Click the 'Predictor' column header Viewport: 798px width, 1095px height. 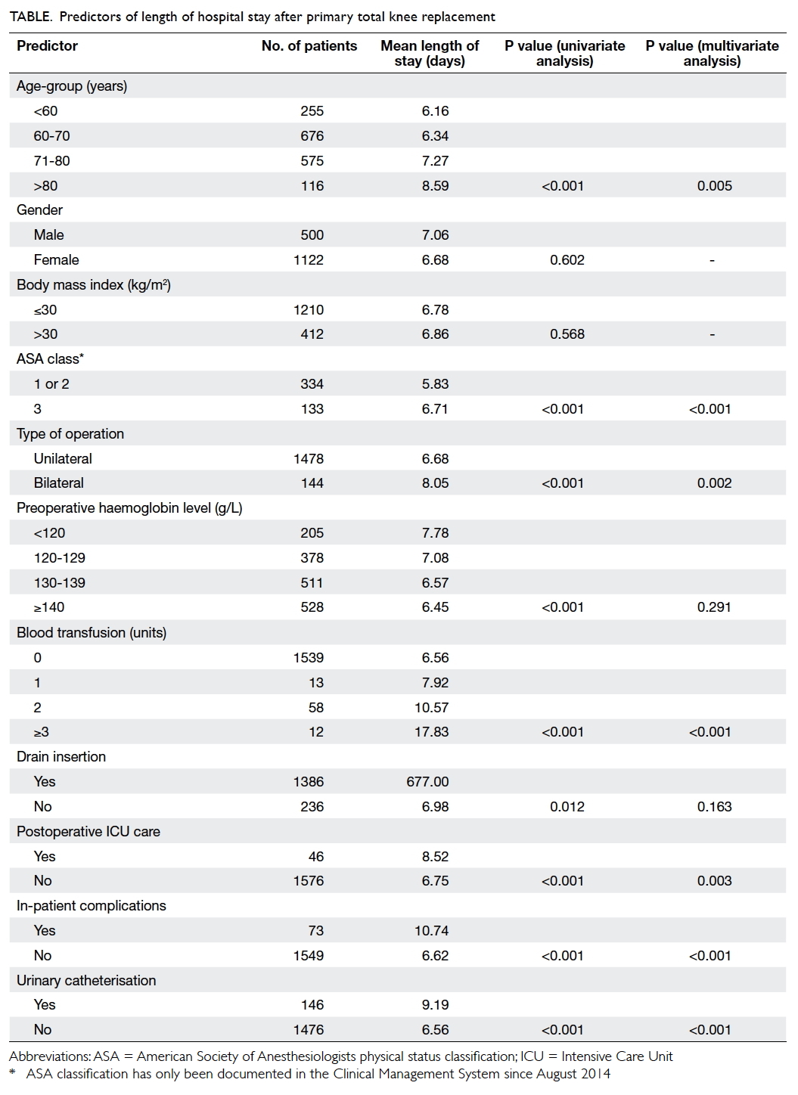pos(47,46)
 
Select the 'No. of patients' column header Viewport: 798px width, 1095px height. pos(309,46)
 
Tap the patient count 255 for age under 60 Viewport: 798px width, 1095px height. pos(312,111)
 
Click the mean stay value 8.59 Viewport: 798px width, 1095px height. pos(435,186)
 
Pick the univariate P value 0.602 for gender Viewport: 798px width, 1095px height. pos(567,259)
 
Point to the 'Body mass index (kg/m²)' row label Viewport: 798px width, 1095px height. pos(93,284)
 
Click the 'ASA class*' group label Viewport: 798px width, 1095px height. pos(50,358)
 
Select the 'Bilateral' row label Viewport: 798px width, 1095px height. pos(59,483)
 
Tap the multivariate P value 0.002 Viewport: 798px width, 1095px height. pos(714,483)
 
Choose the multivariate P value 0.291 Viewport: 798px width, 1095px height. pos(714,607)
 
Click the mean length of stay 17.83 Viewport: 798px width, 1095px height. pos(432,732)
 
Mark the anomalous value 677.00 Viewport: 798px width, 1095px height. pos(427,782)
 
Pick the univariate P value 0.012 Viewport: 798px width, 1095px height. pos(567,807)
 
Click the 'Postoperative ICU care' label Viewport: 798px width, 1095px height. pos(88,832)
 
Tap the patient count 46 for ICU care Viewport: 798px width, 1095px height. pos(316,857)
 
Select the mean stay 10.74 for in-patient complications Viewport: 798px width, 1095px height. pos(432,931)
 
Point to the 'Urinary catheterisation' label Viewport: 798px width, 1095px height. pos(86,981)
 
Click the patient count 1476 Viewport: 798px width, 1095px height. pos(309,1030)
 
